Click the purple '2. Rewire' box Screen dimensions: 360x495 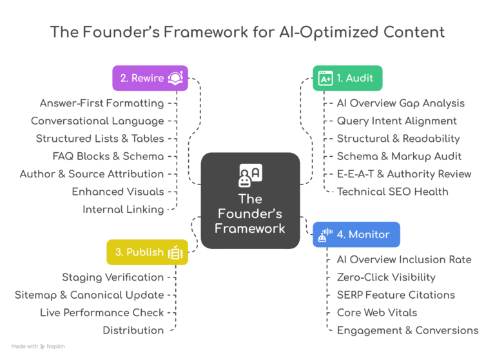tap(150, 78)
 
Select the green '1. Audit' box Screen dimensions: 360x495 tap(347, 78)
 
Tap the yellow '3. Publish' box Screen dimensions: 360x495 tap(147, 252)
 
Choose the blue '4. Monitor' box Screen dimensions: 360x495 tap(356, 235)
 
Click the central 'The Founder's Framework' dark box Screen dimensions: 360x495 tap(250, 201)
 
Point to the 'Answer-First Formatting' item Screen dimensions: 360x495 tap(102, 103)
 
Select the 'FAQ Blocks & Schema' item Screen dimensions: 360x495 tap(108, 156)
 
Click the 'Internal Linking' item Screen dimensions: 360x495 tap(123, 209)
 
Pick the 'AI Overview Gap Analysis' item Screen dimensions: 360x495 tap(400, 103)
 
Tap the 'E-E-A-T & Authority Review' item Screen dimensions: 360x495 tap(404, 174)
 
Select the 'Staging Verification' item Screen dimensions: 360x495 tap(113, 277)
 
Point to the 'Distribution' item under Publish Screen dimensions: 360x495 tap(133, 330)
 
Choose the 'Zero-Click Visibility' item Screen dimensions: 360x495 tap(386, 277)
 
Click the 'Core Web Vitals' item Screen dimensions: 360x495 tap(377, 312)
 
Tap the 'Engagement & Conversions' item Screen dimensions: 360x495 tap(407, 330)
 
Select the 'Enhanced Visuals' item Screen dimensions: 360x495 tap(118, 192)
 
